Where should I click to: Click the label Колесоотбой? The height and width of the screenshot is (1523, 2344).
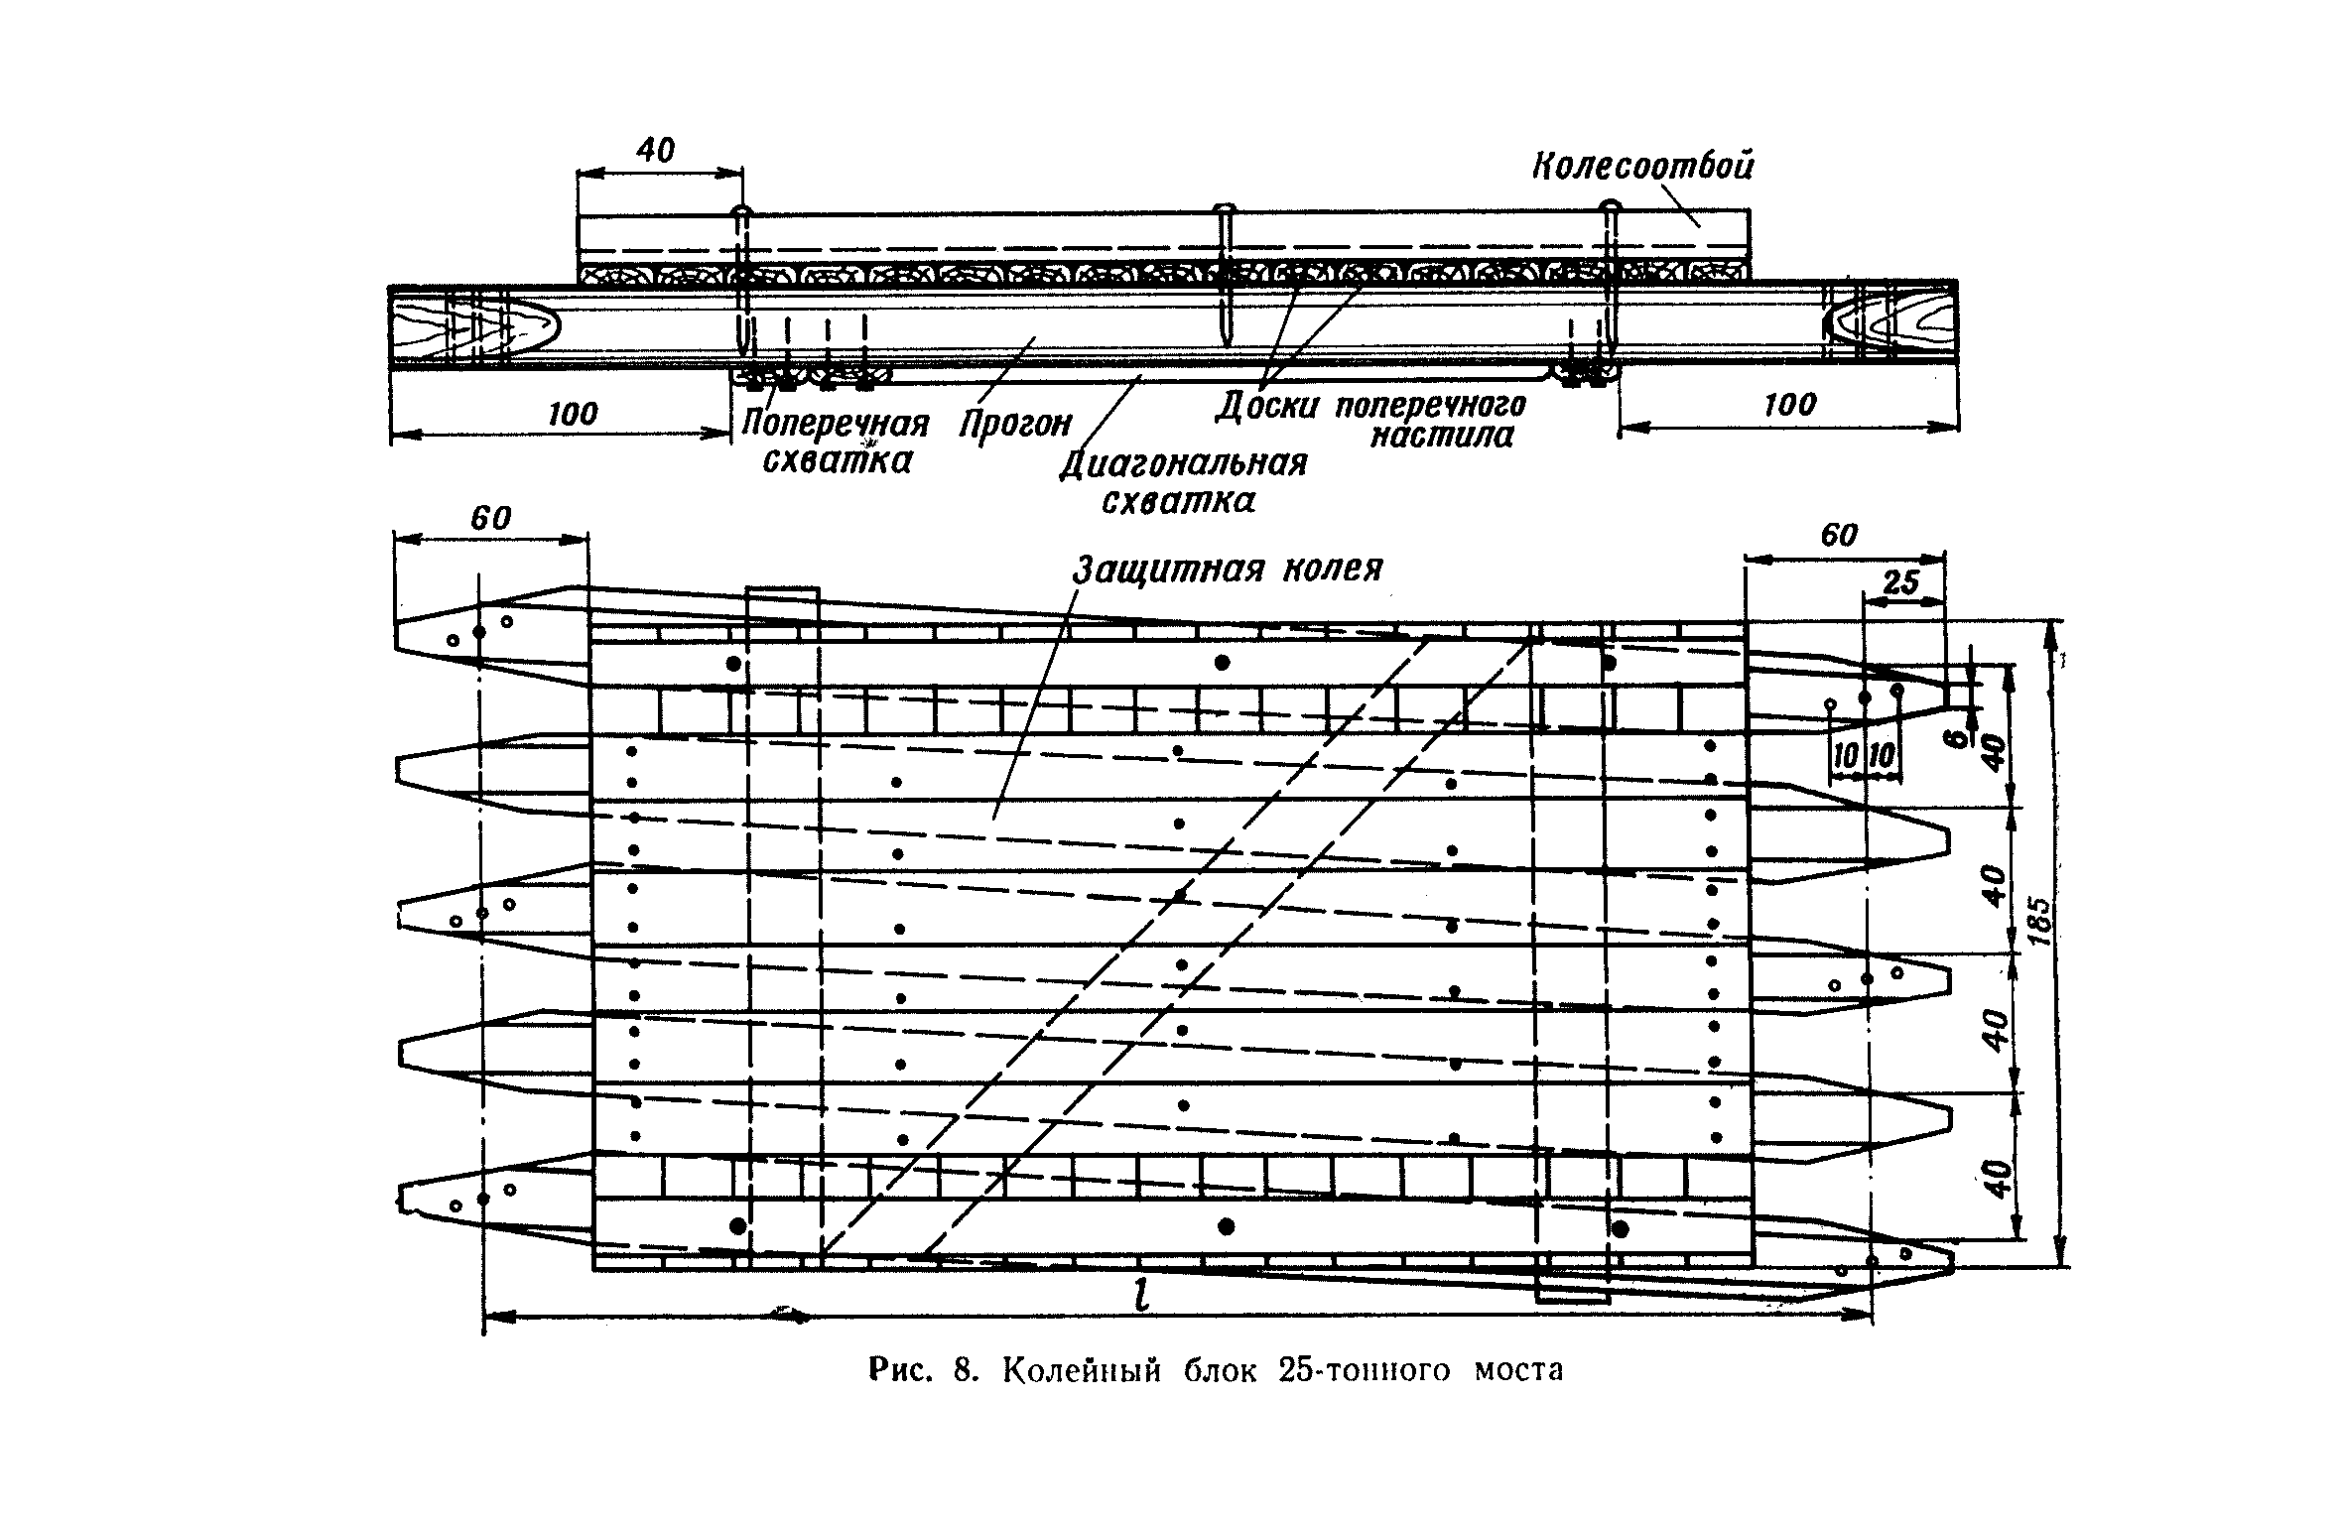1642,166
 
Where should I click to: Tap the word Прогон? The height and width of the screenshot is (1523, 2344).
1015,424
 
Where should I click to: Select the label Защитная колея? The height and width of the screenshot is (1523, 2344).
1228,569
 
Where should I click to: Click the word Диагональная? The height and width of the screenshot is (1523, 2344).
1183,463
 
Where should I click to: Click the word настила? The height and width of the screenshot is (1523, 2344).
1441,436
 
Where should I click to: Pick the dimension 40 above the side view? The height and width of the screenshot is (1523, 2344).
655,151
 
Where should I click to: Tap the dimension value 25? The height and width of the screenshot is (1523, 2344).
1900,582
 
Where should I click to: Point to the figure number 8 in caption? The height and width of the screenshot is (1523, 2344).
962,1371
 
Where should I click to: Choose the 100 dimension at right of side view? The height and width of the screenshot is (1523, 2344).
1790,405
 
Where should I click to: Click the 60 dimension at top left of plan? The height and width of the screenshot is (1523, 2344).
490,518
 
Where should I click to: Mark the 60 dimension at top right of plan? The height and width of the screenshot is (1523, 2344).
1838,535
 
